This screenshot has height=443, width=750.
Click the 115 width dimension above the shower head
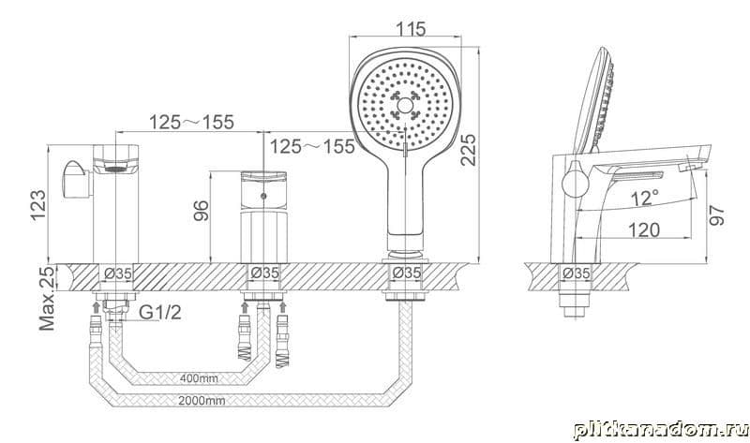pos(411,29)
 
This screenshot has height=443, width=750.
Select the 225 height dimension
pos(468,150)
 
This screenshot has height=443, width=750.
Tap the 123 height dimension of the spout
pos(38,205)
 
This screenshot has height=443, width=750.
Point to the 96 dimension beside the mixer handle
pos(202,211)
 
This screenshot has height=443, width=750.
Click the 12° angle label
pos(644,198)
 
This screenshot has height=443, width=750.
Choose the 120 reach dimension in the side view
pos(643,229)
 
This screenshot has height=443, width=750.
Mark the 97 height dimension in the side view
pos(716,215)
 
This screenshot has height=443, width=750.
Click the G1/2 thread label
pos(160,312)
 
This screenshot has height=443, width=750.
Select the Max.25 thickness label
pos(47,298)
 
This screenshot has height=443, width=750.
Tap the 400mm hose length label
pos(199,378)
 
